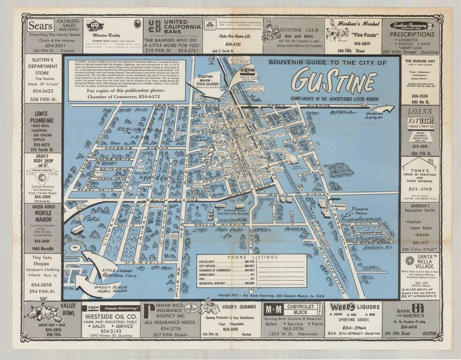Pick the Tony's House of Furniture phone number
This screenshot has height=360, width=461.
[420, 189]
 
